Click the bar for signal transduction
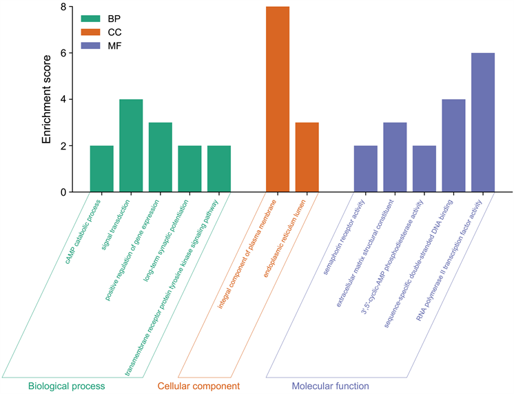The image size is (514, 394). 131,145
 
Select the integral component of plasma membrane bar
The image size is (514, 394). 278,99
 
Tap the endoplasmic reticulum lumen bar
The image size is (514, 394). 307,157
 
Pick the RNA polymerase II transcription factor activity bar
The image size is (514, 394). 483,123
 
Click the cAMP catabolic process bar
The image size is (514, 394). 101,169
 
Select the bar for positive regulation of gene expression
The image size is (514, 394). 160,157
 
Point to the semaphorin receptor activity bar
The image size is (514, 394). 366,169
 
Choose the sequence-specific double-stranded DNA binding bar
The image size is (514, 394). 453,145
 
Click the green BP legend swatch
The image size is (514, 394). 90,19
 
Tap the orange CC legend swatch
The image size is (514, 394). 90,32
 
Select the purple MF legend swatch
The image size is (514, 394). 90,45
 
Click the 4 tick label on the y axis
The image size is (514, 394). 62,99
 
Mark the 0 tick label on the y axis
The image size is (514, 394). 62,192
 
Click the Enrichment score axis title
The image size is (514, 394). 47,99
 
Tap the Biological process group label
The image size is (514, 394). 66,386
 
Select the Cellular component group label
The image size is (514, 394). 198,386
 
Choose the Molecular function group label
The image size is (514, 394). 330,386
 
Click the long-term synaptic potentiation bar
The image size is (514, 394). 189,169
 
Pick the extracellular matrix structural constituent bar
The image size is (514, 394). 395,157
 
